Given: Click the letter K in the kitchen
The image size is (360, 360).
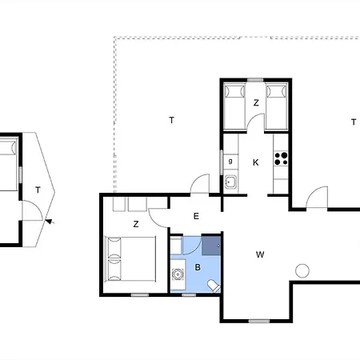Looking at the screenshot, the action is tap(255, 162).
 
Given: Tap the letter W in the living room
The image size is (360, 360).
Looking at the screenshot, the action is tap(260, 254).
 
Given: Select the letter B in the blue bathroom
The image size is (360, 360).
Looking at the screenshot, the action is tap(198, 267).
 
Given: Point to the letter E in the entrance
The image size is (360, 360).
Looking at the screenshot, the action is tap(196, 216).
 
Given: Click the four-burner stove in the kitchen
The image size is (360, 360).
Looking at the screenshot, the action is tap(281, 158).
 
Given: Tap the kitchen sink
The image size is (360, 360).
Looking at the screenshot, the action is tap(230, 182).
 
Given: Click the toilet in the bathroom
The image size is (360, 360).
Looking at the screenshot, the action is tap(214, 286).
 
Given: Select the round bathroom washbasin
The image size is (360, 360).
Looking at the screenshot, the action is tap(178, 274).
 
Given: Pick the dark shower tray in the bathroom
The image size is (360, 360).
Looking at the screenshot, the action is tap(211, 246).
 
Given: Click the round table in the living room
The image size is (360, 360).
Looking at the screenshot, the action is tap(302, 270).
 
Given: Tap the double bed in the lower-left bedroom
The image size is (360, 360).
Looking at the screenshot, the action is tap(130, 258).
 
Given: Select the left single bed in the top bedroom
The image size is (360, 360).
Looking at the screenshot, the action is tap(234, 107).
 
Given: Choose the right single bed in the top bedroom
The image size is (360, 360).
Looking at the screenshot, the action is tap(277, 107).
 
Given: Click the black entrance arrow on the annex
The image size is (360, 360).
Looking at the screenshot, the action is tap(50, 221).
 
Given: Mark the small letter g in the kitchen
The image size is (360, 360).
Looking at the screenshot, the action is tap(230, 161).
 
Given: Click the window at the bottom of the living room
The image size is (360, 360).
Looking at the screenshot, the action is tap(259, 321).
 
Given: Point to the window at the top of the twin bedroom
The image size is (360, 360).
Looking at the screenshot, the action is tap(255, 80).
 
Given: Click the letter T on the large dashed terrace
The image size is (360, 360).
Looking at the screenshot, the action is tap(172, 120).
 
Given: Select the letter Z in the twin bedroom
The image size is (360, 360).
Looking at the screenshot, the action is tap(256, 102).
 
